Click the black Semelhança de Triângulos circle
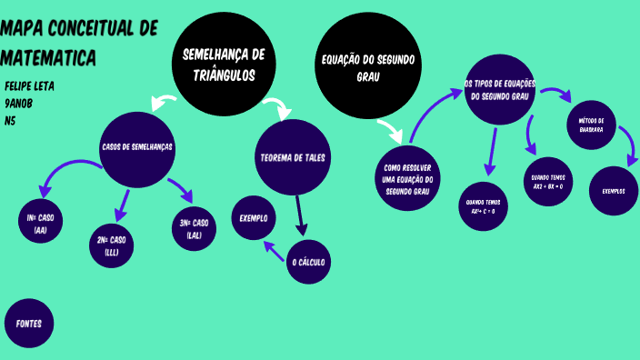click(223, 64)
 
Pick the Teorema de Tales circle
click(293, 157)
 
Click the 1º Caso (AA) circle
click(40, 224)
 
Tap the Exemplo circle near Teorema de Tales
click(253, 218)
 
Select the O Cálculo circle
click(307, 263)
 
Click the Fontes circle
click(29, 323)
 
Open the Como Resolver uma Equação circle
click(406, 179)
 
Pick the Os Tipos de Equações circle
click(500, 90)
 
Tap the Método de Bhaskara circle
click(591, 124)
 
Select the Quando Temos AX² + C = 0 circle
click(483, 206)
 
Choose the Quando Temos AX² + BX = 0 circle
click(548, 182)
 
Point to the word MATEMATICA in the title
click(49, 58)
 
